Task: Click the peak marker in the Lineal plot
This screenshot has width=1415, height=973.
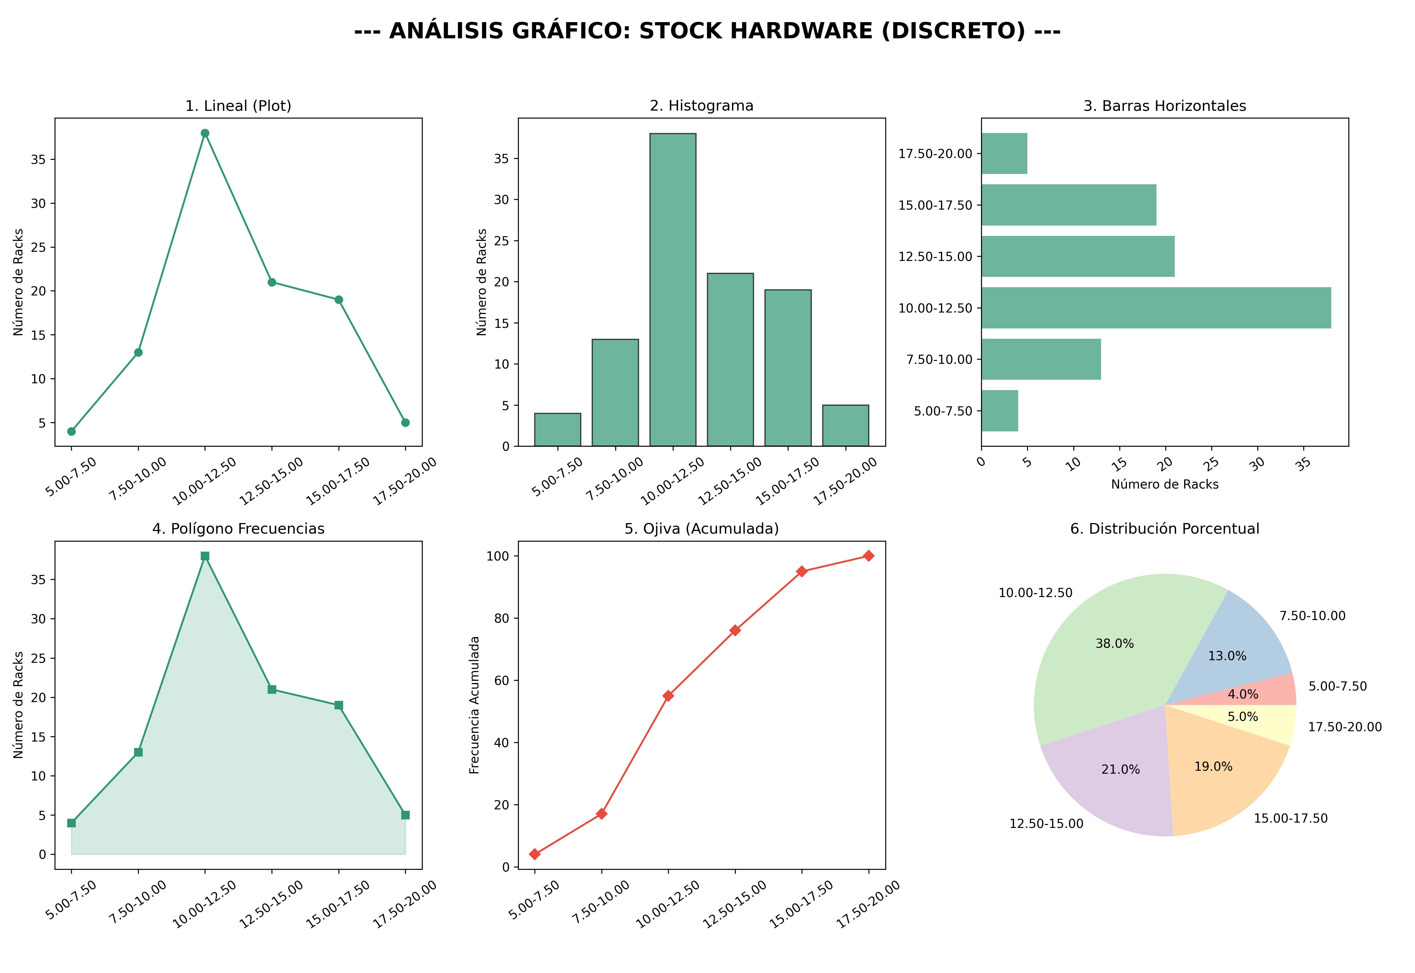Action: tap(205, 133)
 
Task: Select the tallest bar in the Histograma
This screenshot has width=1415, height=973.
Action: tap(673, 290)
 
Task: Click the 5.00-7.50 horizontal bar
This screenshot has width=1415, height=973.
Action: tap(999, 411)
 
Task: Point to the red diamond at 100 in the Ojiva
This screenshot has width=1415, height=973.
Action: tap(868, 556)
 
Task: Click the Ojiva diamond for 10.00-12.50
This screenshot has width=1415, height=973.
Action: tap(668, 696)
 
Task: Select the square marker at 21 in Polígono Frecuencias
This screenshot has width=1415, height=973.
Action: tap(272, 690)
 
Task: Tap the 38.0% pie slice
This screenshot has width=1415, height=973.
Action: tap(1103, 652)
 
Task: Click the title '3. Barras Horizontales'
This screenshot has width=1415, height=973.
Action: tap(1164, 106)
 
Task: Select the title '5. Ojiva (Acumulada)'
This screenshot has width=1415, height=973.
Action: tap(701, 529)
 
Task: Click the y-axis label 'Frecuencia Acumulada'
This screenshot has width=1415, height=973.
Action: tap(475, 705)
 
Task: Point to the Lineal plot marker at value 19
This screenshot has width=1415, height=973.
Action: tap(339, 300)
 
